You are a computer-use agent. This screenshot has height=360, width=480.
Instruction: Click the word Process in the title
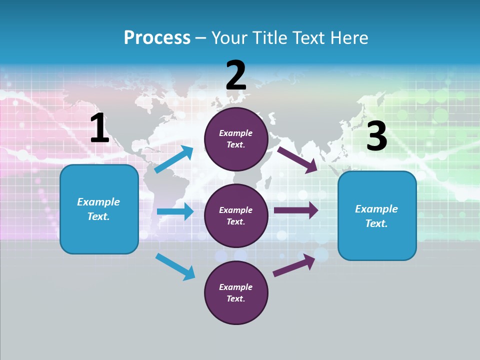pos(157,38)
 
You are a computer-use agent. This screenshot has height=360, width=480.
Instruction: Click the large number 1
pos(99,128)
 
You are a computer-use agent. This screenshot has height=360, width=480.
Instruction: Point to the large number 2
pos(236,75)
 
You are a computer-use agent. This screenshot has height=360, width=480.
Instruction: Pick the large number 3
pos(376,136)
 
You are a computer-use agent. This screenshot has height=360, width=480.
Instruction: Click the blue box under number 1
pos(99,209)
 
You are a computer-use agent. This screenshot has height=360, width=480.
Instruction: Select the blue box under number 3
pos(377,216)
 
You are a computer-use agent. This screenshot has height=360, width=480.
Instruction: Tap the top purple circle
pos(236,139)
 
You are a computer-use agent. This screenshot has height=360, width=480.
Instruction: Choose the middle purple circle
pos(236,215)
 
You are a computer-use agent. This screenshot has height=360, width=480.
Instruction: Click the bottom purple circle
pos(236,292)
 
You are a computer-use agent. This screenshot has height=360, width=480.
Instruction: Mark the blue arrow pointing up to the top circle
pos(174,159)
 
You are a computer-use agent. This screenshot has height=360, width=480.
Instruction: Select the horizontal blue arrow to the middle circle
pos(175,211)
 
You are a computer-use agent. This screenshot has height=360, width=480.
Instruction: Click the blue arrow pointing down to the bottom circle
pos(175,266)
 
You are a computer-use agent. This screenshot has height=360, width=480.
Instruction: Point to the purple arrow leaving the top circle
pos(297,159)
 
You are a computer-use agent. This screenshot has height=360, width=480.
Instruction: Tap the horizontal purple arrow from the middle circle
pos(296,210)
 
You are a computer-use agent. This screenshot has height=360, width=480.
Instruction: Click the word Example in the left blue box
pos(98,202)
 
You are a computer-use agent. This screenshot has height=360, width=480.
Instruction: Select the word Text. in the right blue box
pos(376,223)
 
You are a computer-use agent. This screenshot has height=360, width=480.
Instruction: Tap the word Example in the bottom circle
pos(236,287)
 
